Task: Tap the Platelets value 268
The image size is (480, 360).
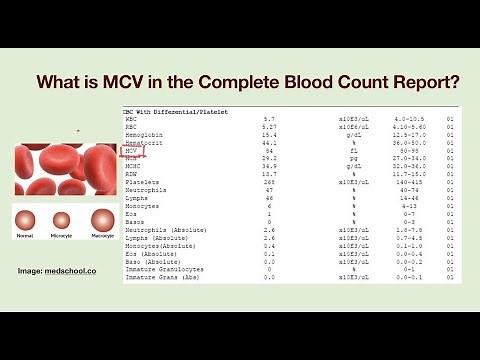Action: click(269, 182)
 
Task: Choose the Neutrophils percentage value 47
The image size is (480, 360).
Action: click(269, 190)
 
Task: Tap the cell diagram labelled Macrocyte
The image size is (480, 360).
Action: click(103, 220)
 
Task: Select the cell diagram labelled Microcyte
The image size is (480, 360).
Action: click(62, 221)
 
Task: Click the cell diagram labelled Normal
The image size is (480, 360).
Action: click(26, 221)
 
